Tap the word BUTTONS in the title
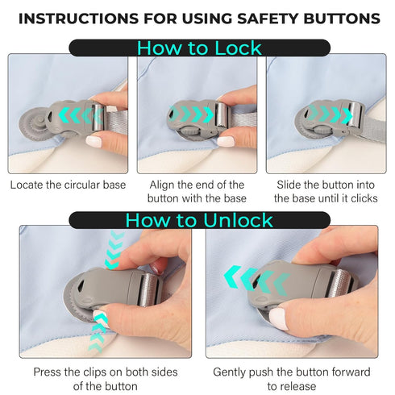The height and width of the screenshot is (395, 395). pyautogui.click(x=342, y=19)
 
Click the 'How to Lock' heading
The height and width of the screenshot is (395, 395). pyautogui.click(x=199, y=48)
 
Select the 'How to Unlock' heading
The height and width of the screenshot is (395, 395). pyautogui.click(x=199, y=220)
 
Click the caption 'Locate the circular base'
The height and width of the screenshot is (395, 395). pyautogui.click(x=68, y=185)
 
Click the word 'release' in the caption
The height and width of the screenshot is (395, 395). pyautogui.click(x=298, y=386)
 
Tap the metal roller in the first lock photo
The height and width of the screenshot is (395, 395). pyautogui.click(x=98, y=118)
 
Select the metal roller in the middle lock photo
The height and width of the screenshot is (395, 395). pyautogui.click(x=222, y=114)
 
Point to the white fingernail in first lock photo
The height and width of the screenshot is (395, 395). pyautogui.click(x=94, y=141)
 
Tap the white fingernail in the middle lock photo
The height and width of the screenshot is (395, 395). pyautogui.click(x=226, y=141)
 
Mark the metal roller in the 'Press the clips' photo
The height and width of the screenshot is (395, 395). pyautogui.click(x=149, y=289)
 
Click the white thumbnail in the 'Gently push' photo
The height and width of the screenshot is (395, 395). pyautogui.click(x=279, y=318)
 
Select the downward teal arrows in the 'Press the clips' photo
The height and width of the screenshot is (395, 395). pyautogui.click(x=114, y=249)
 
